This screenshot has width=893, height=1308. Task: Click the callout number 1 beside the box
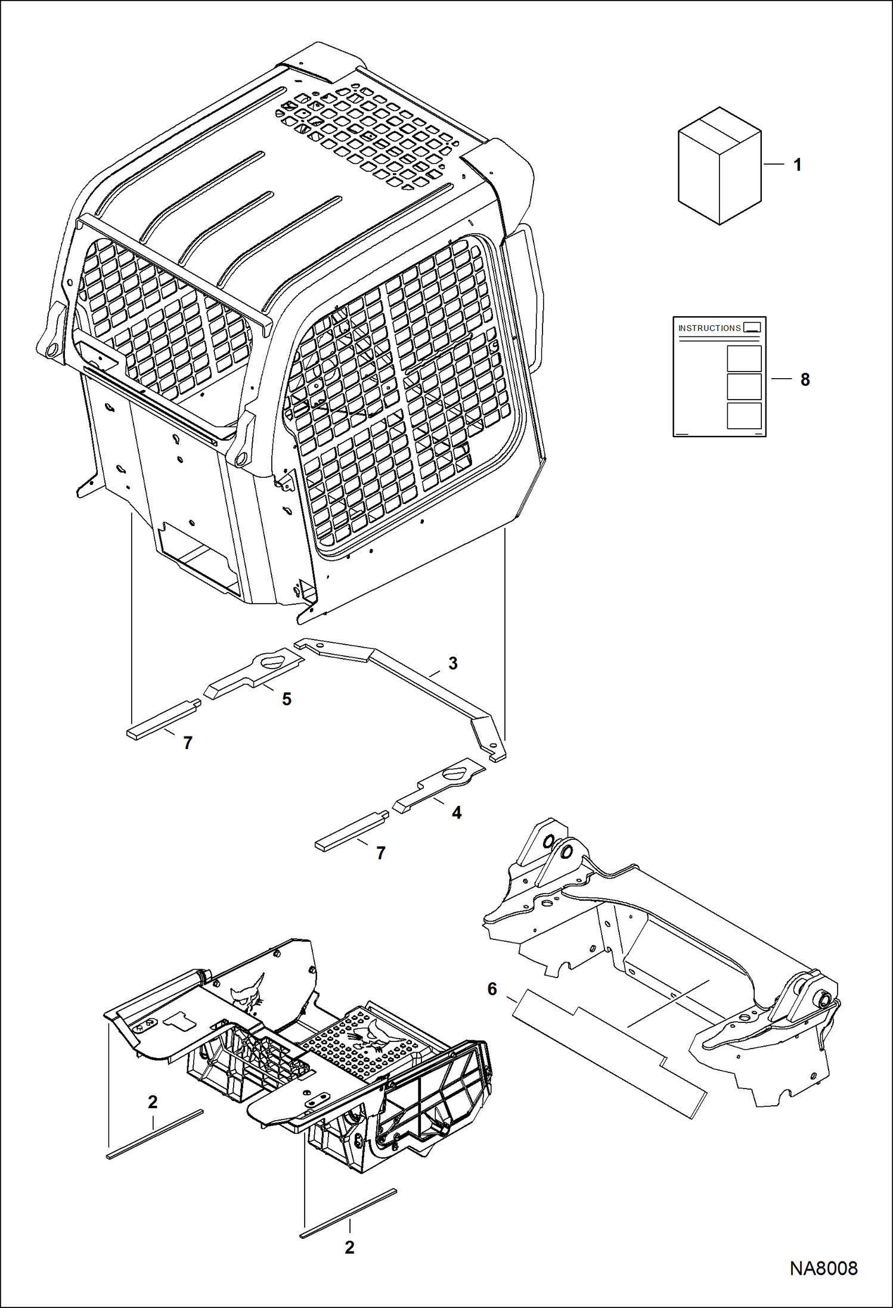(x=798, y=165)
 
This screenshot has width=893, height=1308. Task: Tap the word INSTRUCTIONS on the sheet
(x=709, y=328)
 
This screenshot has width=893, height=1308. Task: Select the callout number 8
(x=805, y=379)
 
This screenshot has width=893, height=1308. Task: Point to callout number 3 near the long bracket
(x=452, y=663)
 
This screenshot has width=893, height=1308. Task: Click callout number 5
(x=287, y=698)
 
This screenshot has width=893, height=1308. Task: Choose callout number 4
(x=457, y=812)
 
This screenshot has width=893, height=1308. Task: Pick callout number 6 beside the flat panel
(x=492, y=989)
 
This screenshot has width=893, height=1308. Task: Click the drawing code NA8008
(x=823, y=1268)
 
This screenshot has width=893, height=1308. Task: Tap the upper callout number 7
(x=188, y=743)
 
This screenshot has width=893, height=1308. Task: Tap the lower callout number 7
(x=381, y=853)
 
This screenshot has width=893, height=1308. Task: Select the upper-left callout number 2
(x=153, y=1102)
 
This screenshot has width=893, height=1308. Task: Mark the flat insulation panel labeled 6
(x=608, y=1050)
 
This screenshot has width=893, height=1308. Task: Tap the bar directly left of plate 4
(x=352, y=829)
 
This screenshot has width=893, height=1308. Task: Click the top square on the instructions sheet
(x=744, y=358)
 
